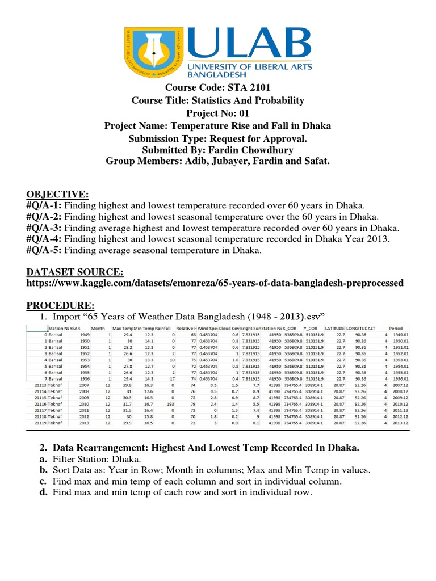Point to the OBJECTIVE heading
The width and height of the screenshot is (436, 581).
tap(57, 194)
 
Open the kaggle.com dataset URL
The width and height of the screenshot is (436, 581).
tap(215, 283)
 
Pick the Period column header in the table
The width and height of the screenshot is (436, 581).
tap(396, 328)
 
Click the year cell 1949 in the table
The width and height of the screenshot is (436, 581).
tap(85, 335)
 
